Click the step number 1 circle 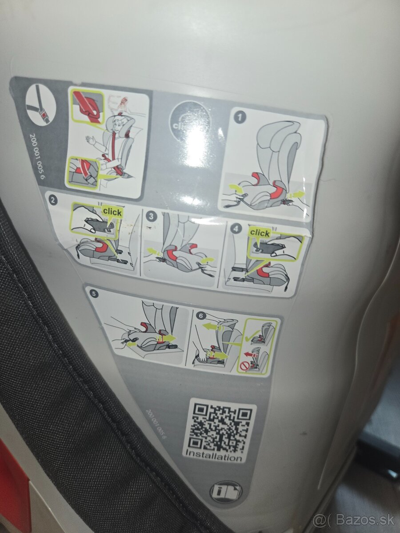[240, 118]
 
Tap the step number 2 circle [53, 200]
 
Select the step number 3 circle [152, 216]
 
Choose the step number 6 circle [201, 315]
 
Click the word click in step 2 [112, 212]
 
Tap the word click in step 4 [260, 233]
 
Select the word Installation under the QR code [214, 456]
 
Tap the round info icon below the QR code [226, 492]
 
